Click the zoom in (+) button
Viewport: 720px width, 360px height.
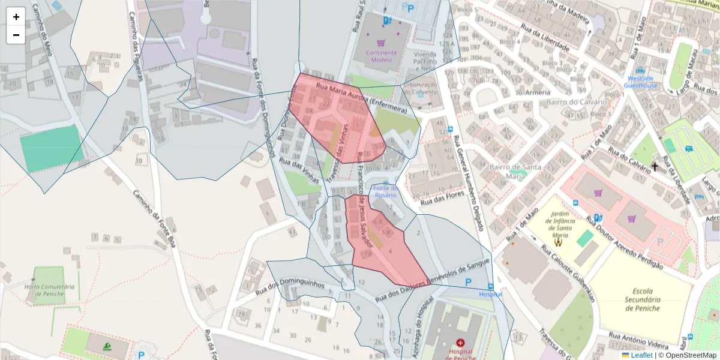click(x=16, y=17)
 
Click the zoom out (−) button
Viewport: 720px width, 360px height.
click(x=16, y=35)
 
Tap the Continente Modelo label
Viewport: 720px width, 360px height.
click(x=381, y=56)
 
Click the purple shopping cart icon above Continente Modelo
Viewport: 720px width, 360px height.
click(x=380, y=43)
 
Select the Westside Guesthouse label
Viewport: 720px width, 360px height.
click(x=640, y=82)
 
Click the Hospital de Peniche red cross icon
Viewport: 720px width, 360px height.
click(x=460, y=342)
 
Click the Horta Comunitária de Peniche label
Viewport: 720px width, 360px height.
click(x=50, y=290)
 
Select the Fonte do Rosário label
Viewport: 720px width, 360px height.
click(x=386, y=191)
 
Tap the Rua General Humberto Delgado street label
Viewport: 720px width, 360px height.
click(x=470, y=180)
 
